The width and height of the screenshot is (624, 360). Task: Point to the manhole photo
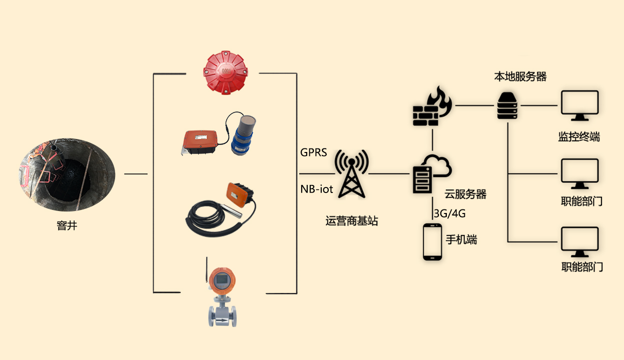tap(68, 174)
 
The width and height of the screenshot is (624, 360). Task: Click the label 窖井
tap(67, 226)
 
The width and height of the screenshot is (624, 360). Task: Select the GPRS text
tap(313, 152)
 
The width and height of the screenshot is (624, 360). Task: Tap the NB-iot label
tap(317, 189)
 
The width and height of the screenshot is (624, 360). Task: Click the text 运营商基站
tap(352, 220)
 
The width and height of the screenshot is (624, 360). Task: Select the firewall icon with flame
tap(432, 106)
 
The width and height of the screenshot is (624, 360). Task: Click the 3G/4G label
tap(449, 213)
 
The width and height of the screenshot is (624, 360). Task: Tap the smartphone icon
tap(432, 241)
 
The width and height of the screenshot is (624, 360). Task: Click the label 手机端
tap(461, 239)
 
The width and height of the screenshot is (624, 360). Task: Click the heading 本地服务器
tap(520, 76)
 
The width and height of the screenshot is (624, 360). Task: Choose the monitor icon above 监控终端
tap(579, 106)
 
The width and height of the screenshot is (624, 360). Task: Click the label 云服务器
tap(465, 194)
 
